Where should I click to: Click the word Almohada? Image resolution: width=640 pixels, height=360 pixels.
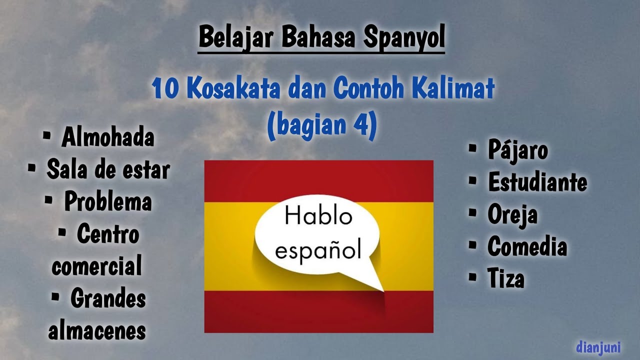point(107,138)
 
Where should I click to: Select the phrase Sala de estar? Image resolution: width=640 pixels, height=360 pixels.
point(108,170)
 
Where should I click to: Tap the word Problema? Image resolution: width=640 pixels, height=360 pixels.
point(108,202)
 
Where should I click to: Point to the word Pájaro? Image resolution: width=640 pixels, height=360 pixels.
point(518,151)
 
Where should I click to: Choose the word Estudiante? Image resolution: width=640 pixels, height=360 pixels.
point(537,183)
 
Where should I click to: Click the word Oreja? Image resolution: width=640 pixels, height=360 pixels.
point(512,215)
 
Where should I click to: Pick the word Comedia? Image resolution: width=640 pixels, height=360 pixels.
point(527,247)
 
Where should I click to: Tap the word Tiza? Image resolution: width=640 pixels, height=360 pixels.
point(506,279)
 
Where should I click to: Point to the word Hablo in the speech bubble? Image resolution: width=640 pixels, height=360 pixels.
point(318,217)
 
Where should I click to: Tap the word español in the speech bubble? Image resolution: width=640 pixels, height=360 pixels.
point(318,249)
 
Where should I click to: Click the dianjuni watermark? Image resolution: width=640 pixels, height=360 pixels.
point(598,347)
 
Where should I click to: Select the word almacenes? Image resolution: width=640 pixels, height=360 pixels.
point(97,330)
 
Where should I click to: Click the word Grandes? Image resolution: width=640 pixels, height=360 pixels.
point(108,299)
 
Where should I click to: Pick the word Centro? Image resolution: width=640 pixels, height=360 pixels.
point(108,234)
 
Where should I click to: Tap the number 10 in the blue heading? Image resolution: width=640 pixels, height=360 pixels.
point(163,89)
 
